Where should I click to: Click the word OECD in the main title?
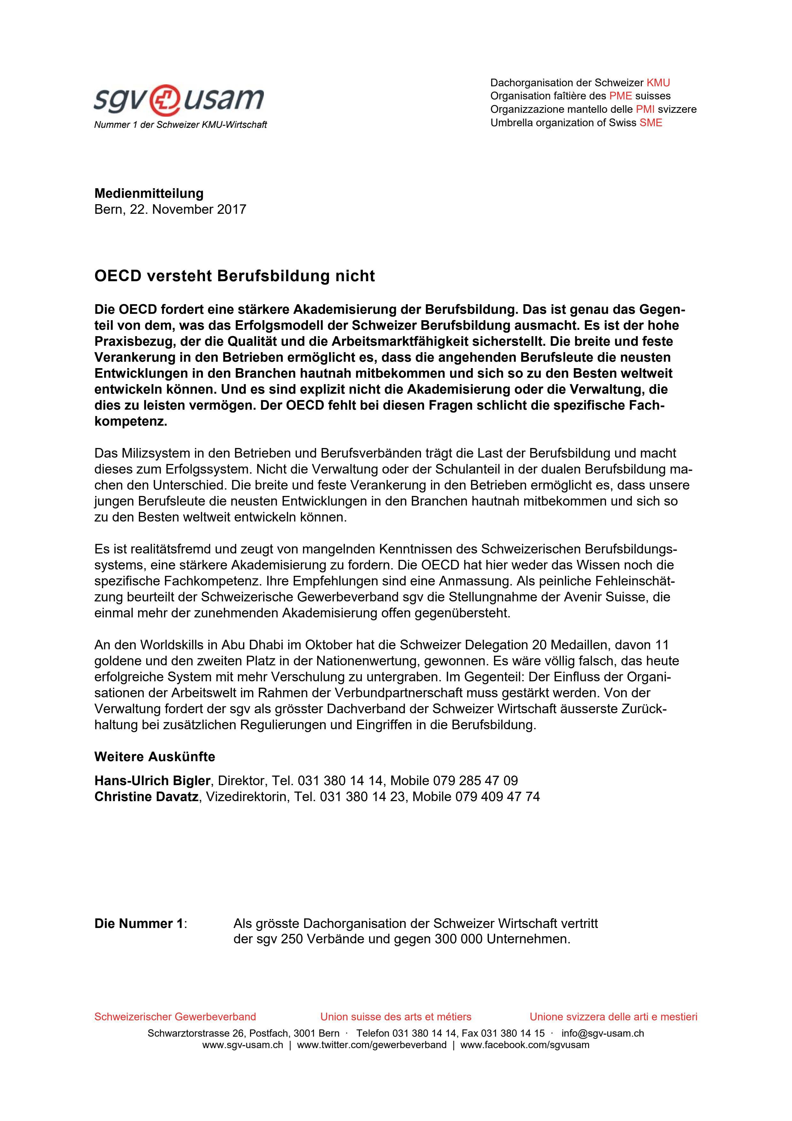pyautogui.click(x=118, y=276)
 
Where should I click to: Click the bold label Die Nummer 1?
pyautogui.click(x=139, y=924)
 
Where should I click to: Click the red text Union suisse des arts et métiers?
pyautogui.click(x=396, y=1017)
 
